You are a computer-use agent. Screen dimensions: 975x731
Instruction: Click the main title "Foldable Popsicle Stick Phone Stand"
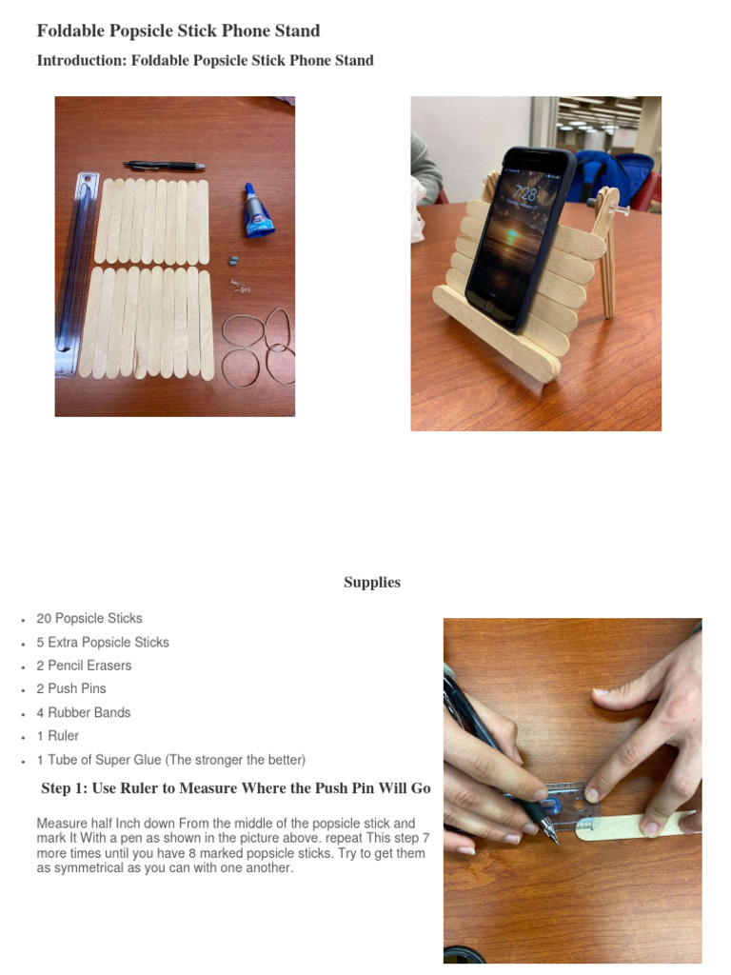click(x=178, y=30)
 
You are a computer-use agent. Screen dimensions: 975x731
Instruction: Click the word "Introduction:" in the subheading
click(x=81, y=60)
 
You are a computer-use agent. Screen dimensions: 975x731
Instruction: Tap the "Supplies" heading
click(x=371, y=582)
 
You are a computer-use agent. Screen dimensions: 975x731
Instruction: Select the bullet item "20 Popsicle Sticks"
click(x=89, y=618)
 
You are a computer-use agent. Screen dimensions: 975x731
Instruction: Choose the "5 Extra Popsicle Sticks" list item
click(x=103, y=642)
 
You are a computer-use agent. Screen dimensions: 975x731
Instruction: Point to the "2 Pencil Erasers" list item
click(x=84, y=666)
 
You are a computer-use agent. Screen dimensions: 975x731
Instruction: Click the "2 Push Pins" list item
click(x=71, y=688)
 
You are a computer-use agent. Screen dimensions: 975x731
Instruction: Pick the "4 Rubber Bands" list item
click(x=84, y=712)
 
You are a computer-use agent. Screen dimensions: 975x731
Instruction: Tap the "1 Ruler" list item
click(x=58, y=736)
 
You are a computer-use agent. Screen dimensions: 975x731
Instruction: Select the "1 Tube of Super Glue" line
click(x=171, y=760)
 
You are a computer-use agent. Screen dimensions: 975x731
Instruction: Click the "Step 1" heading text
click(x=236, y=788)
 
